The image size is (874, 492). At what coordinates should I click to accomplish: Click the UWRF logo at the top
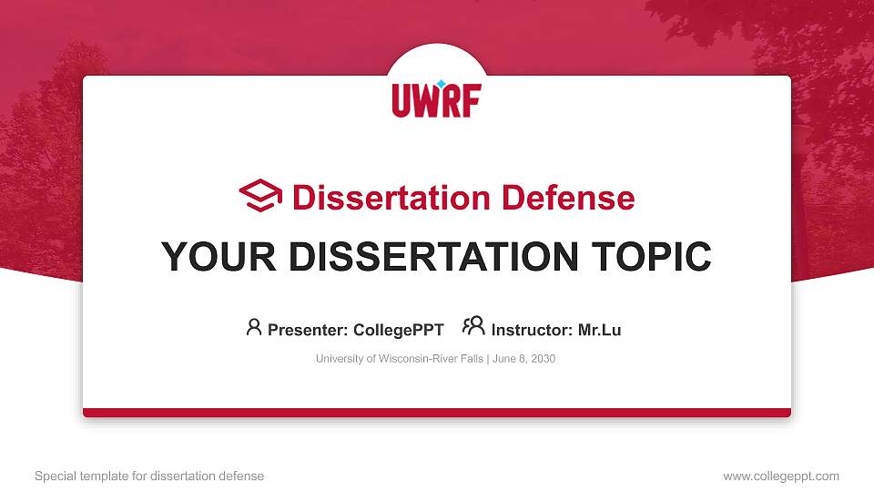pos(436,99)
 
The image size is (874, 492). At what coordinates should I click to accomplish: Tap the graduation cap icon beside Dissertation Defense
pos(260,196)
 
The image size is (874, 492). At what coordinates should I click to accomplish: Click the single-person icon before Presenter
pos(254,327)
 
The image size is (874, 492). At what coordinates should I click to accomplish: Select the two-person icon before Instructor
pos(473,326)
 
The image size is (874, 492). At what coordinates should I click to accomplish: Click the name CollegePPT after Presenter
pos(399,330)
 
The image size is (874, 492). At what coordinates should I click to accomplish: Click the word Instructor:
pos(533,330)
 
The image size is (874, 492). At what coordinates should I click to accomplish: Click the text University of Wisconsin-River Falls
pos(400,359)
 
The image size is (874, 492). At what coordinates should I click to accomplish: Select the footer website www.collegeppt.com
pos(781,476)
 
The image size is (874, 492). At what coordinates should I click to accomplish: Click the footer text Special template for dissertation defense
pos(149,476)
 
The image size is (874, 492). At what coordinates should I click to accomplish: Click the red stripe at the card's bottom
pos(437,413)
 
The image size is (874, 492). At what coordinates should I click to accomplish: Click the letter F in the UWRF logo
pos(470,101)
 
